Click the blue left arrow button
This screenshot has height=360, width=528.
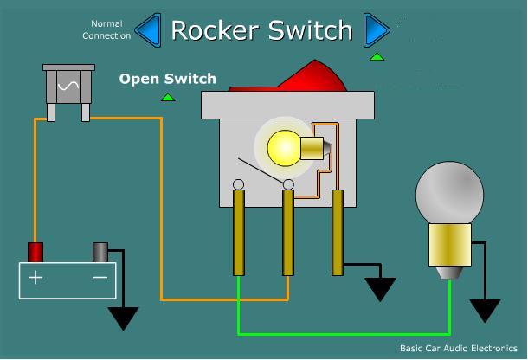point(150,30)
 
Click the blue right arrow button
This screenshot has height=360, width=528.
point(376,30)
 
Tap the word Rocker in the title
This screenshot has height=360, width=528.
point(216,30)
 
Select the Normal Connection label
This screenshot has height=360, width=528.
point(106,29)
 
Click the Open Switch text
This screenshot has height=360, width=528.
point(168,79)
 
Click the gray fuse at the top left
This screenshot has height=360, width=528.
point(68,92)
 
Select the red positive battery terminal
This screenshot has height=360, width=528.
point(35,252)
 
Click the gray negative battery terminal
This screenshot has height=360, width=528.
point(100,252)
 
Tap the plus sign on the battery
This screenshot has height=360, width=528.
point(35,278)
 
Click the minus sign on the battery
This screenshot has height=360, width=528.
point(100,278)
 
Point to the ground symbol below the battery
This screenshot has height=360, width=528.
point(123,318)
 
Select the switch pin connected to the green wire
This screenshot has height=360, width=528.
point(239,233)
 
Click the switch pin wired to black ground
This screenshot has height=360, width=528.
point(338,233)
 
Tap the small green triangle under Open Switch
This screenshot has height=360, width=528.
point(168,98)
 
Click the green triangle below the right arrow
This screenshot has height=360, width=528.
point(377,56)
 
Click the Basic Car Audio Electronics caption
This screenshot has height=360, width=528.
point(458,348)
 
